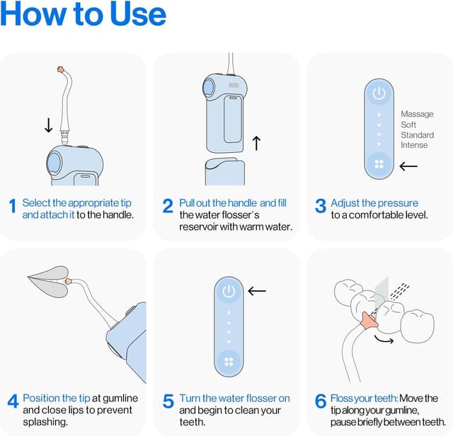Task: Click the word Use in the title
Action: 138,14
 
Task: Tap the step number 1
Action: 13,206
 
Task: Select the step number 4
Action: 13,401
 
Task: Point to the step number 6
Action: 321,401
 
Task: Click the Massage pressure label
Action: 417,114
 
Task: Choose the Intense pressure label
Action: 414,145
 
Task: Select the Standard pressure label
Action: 417,135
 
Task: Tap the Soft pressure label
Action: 408,125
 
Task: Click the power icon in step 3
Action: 379,93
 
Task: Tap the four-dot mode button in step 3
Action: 379,164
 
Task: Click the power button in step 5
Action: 229,291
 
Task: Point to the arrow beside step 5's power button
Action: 257,291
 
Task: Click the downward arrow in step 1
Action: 49,125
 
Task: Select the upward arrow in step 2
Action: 256,143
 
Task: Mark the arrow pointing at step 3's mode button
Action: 408,166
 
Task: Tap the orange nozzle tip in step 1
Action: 61,69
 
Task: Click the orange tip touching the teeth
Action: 369,321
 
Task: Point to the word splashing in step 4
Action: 45,422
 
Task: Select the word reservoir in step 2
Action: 198,226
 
